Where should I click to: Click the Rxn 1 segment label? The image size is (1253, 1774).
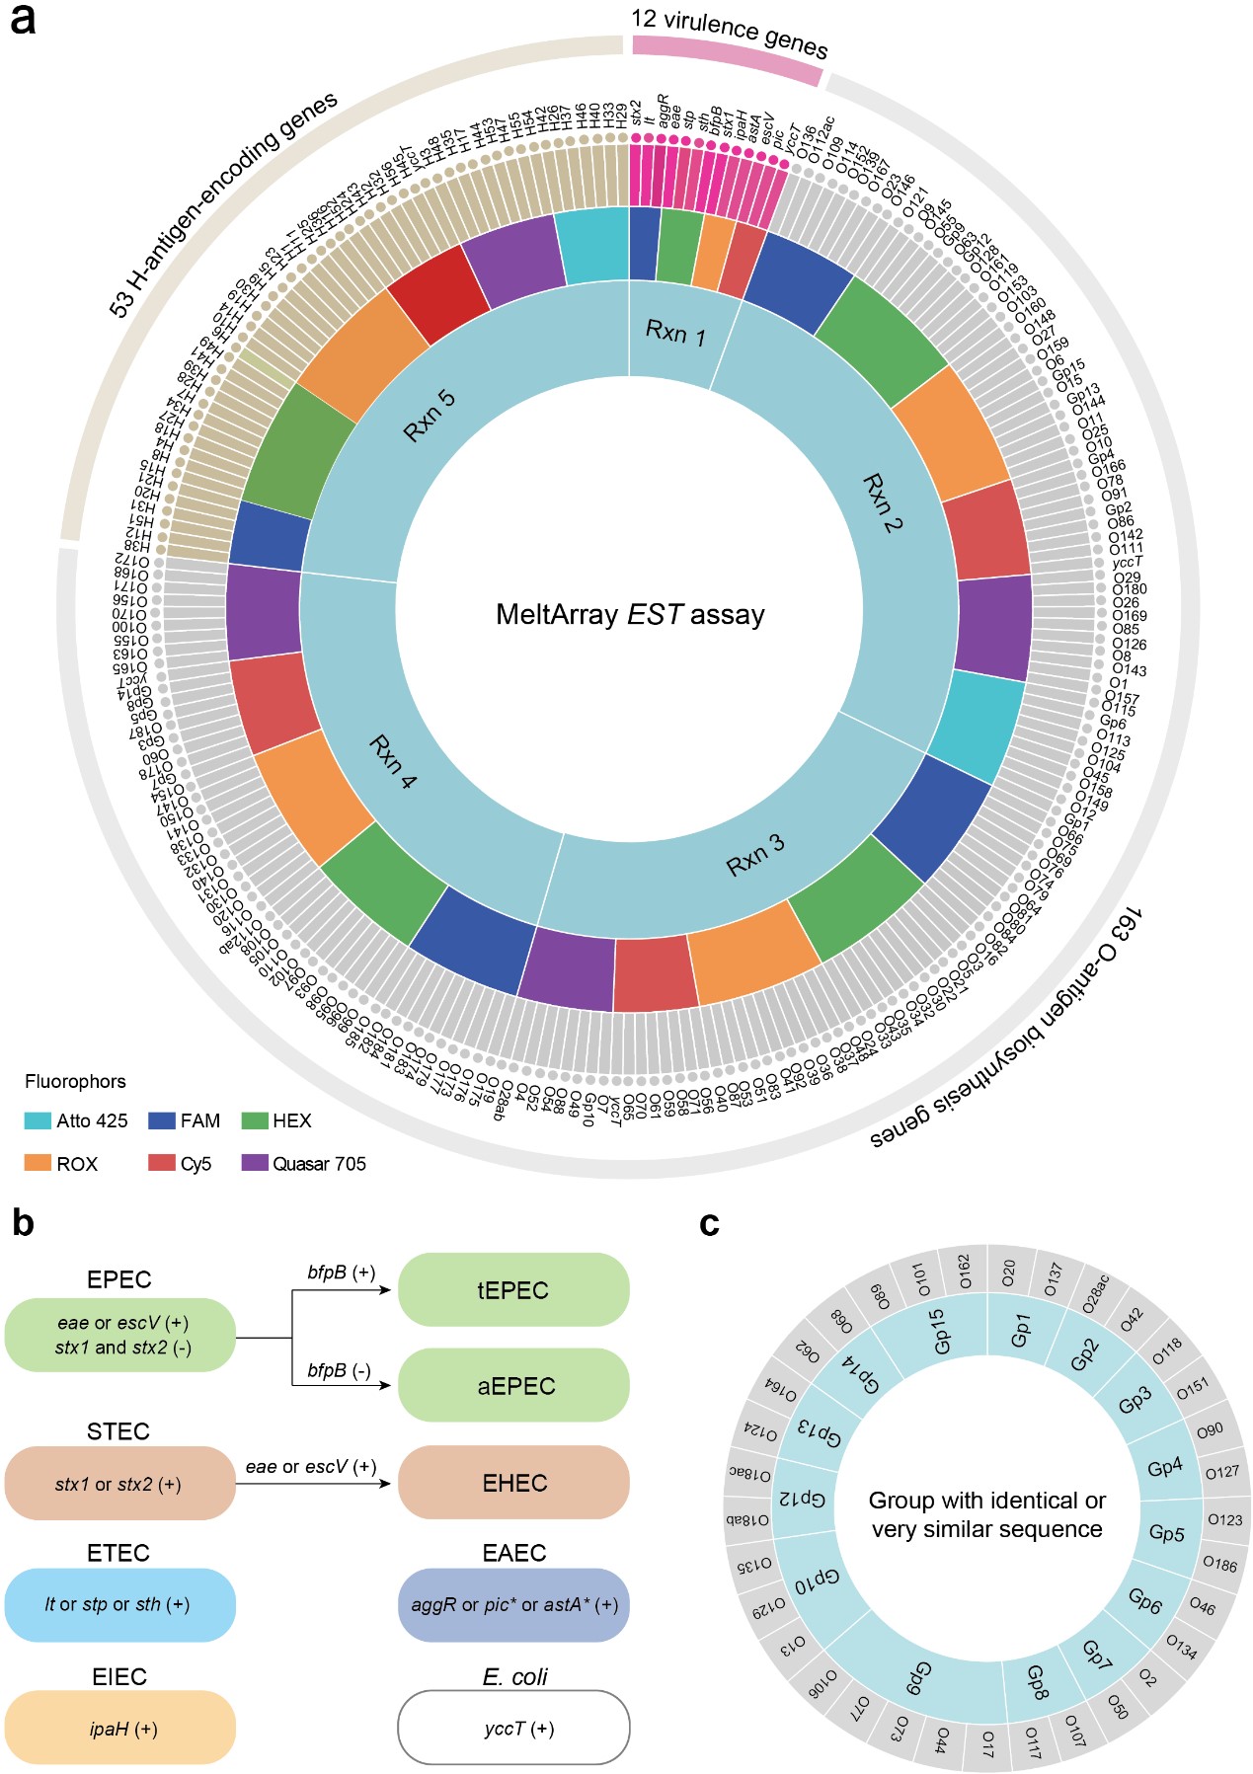676,333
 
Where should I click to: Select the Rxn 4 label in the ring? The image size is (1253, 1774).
393,761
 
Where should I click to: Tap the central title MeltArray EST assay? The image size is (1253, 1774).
630,615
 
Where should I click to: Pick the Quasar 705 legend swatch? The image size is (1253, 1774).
255,1164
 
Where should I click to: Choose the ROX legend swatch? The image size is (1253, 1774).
38,1164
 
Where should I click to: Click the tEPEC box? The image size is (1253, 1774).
512,1290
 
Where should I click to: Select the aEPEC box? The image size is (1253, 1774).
512,1386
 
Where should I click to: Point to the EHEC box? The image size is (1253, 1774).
512,1483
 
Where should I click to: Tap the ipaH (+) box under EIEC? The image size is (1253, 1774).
119,1729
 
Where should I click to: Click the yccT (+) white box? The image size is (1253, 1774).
512,1729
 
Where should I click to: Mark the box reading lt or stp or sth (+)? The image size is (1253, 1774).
119,1605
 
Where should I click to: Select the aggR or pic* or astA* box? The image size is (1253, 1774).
512,1605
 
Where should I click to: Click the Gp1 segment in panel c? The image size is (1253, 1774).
1020,1331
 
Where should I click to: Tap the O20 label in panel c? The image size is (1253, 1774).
1008,1273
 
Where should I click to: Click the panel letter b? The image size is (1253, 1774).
21,1223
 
